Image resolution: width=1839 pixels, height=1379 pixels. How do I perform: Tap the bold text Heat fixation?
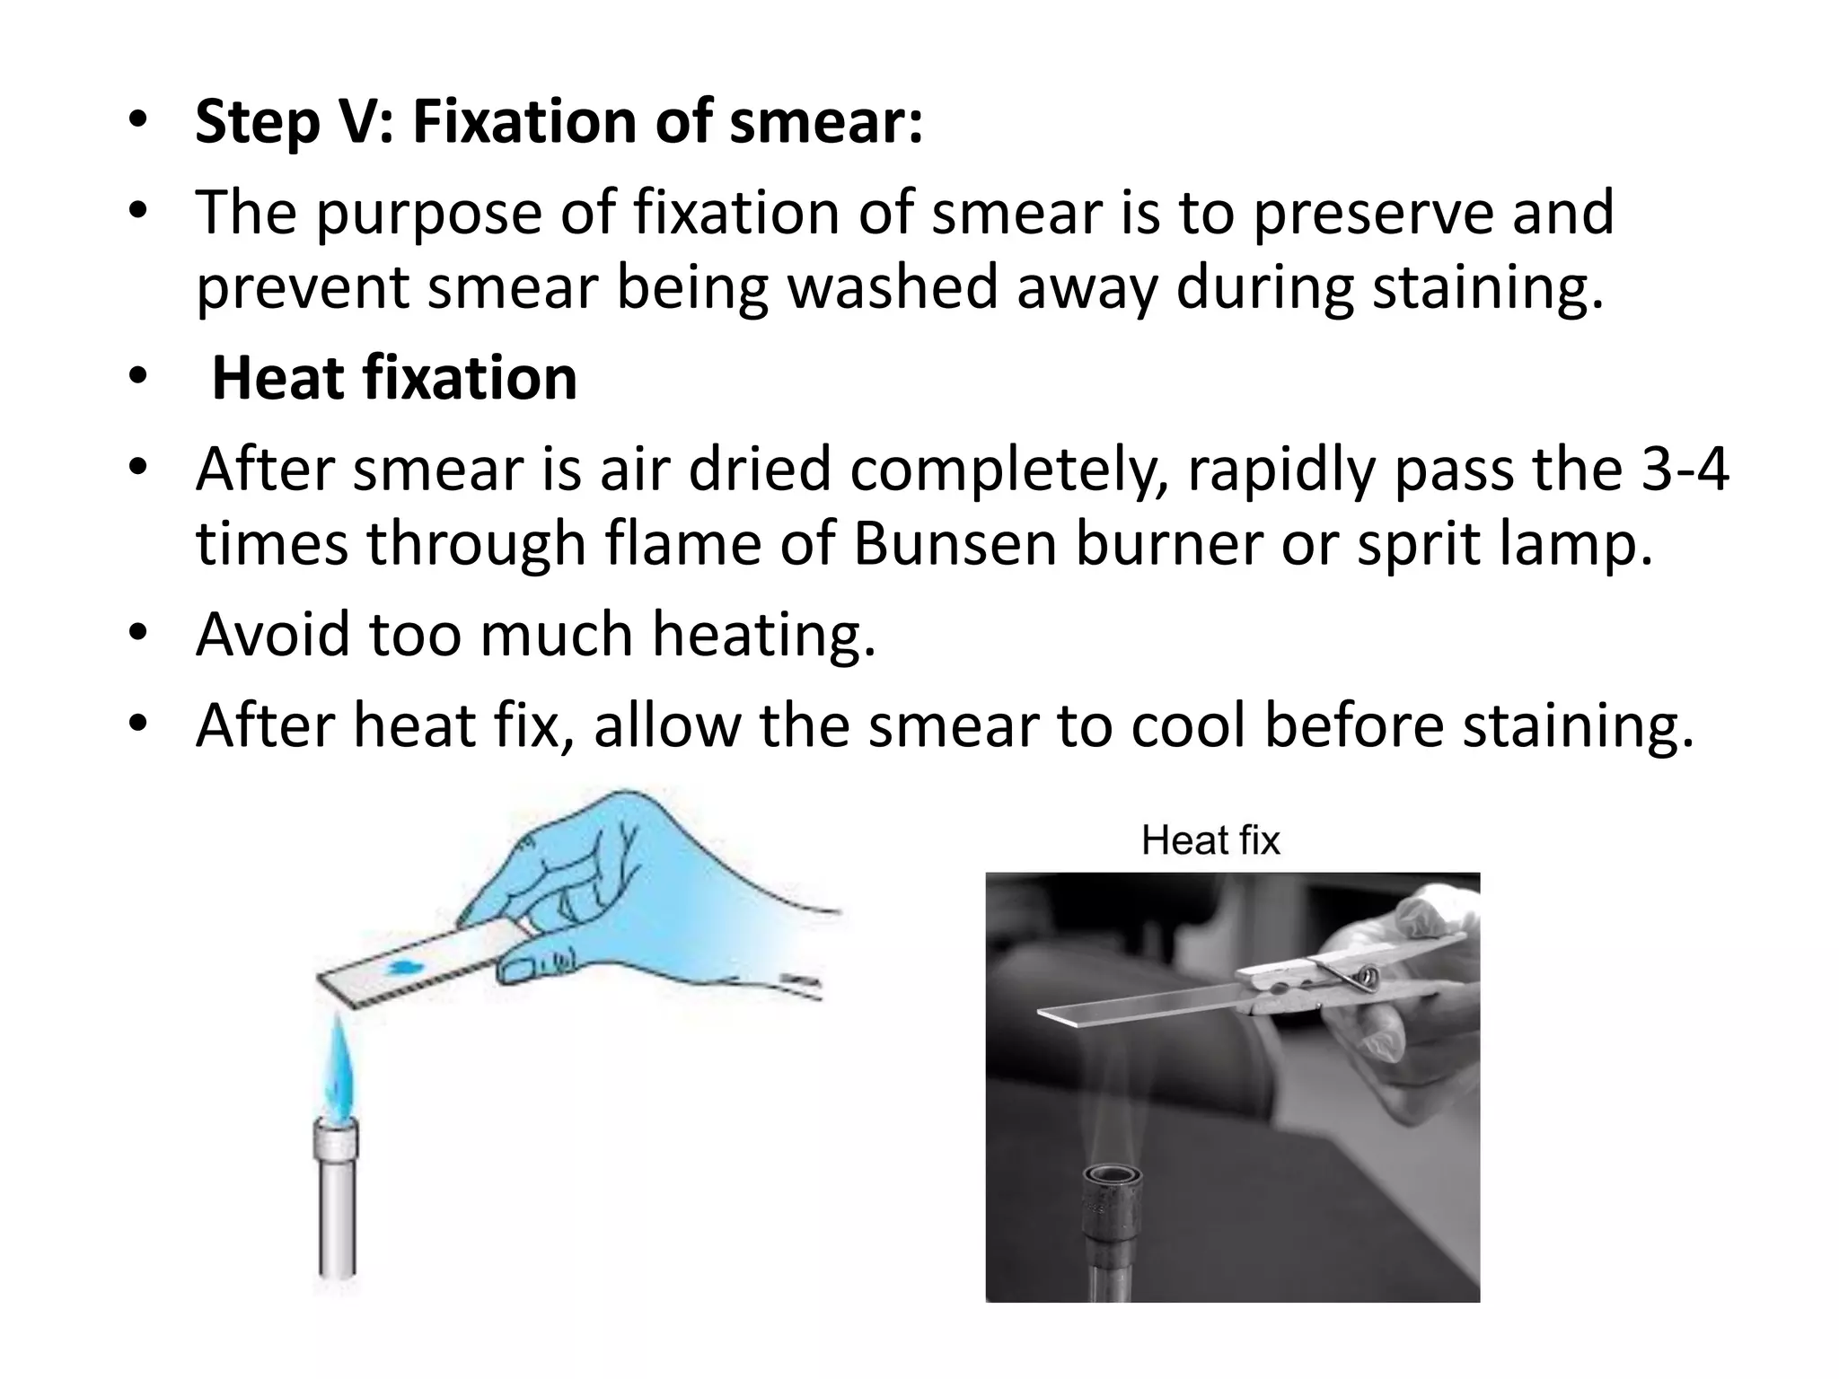394,378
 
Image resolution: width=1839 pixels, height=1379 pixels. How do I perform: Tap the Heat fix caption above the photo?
1210,841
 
